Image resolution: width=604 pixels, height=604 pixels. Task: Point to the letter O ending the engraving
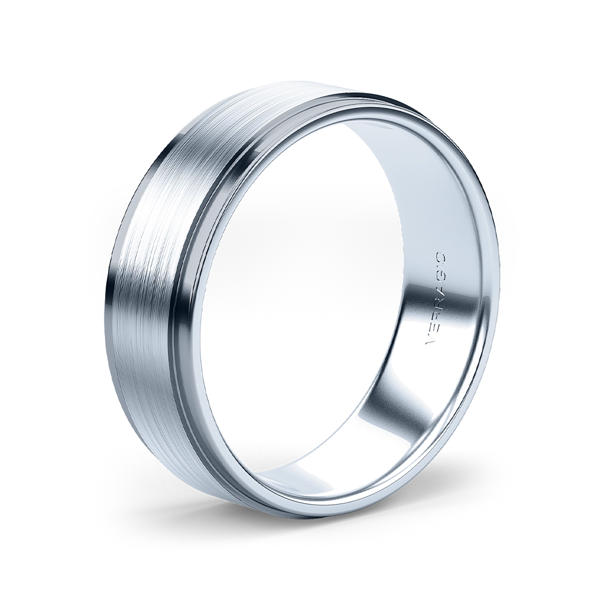442,257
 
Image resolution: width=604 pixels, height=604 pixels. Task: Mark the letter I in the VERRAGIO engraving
441,266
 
